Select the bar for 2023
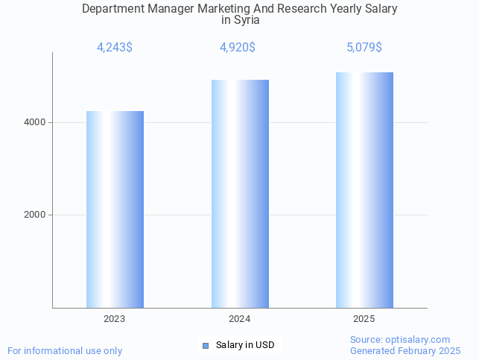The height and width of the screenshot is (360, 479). [115, 209]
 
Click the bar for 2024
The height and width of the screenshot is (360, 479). [240, 194]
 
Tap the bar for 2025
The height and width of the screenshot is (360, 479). [364, 190]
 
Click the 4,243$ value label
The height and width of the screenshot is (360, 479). [115, 48]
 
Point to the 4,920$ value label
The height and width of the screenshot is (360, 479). [238, 48]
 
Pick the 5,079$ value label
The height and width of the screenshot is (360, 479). [364, 48]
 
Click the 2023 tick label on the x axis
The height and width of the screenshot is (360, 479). [115, 318]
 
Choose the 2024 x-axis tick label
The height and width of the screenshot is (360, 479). [240, 318]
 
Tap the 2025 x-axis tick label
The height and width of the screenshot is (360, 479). [364, 318]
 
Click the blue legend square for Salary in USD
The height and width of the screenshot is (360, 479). [206, 345]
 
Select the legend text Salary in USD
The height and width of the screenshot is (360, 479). [245, 345]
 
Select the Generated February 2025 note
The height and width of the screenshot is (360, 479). [405, 350]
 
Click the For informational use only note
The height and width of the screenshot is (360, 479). [65, 350]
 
